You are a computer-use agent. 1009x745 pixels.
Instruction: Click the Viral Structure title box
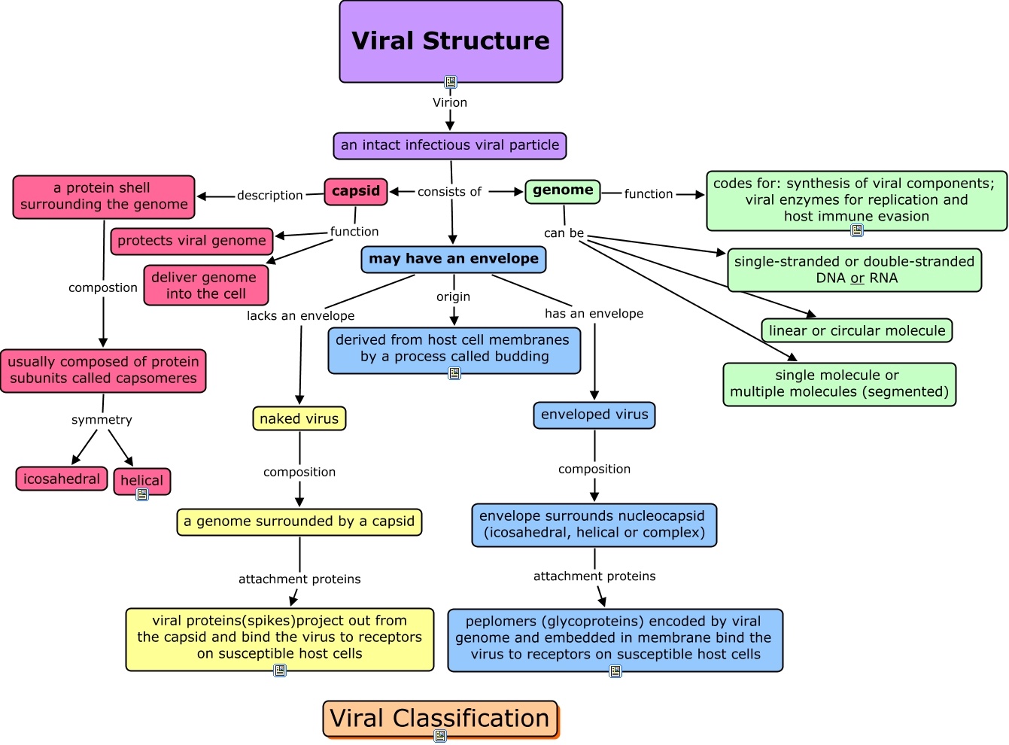[x=451, y=41]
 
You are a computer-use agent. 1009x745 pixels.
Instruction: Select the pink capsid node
[x=356, y=191]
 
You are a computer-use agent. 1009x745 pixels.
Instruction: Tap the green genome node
[x=563, y=190]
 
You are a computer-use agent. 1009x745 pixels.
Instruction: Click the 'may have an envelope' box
[x=453, y=259]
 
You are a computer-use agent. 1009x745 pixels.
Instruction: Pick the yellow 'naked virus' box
[x=299, y=418]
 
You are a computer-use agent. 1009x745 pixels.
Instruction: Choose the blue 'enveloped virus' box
[x=594, y=415]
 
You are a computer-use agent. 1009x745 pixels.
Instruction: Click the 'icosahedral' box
[x=62, y=479]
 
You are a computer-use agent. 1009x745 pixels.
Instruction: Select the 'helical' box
[x=141, y=480]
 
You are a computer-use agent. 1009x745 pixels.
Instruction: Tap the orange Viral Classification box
[x=440, y=719]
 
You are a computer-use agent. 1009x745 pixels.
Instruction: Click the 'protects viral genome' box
[x=192, y=241]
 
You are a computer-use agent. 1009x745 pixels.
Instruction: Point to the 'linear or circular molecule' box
[x=857, y=330]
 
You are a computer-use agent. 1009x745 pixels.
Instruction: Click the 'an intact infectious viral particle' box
[x=450, y=145]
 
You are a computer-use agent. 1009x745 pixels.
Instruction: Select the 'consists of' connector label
[x=449, y=192]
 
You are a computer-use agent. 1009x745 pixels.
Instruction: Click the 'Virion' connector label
[x=450, y=102]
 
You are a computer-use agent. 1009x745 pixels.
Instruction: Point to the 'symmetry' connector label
[x=102, y=420]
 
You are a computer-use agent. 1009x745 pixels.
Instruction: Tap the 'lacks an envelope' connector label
[x=300, y=316]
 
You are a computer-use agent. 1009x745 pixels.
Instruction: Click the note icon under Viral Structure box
[x=451, y=82]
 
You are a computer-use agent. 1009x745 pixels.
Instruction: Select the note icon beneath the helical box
[x=142, y=494]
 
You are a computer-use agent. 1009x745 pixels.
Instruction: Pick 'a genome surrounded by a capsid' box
[x=299, y=521]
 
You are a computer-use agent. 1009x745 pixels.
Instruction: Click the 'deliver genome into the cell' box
[x=205, y=285]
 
